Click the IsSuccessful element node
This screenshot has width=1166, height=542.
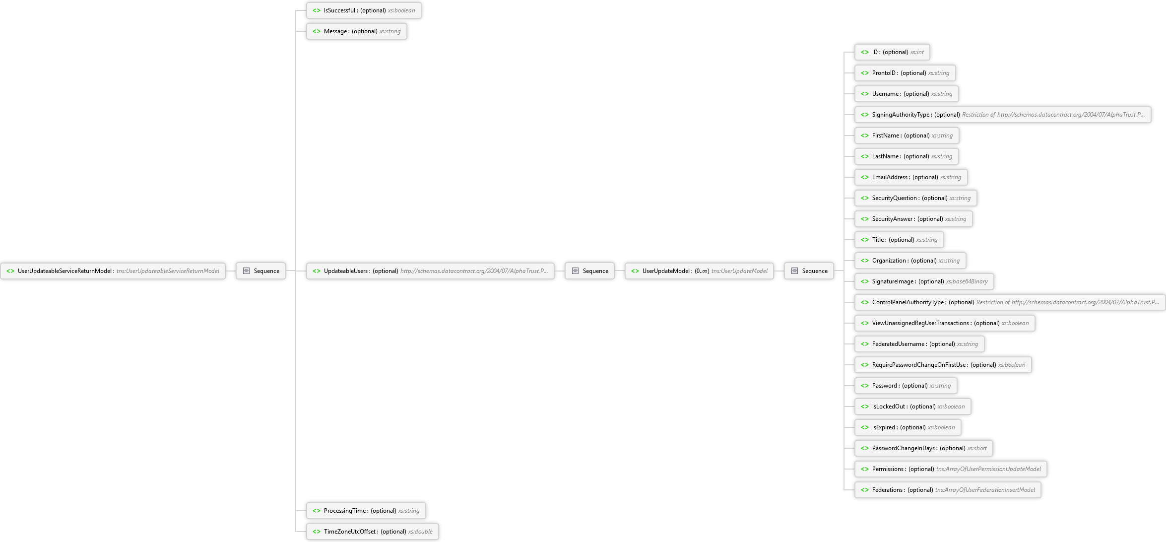click(364, 10)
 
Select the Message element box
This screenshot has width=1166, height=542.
click(357, 31)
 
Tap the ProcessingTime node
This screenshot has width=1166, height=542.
click(366, 511)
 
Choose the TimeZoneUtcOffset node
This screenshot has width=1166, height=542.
click(373, 532)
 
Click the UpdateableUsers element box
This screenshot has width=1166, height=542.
click(430, 271)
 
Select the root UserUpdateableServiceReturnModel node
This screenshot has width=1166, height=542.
click(113, 271)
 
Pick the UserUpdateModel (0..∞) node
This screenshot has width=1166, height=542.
click(699, 271)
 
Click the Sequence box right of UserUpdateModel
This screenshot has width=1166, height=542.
click(809, 271)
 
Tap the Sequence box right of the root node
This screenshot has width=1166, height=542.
click(260, 271)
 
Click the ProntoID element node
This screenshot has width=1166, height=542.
click(905, 73)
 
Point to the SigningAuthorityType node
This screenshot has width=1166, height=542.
click(1003, 115)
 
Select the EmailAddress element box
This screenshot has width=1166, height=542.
click(911, 177)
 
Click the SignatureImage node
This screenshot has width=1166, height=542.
click(924, 281)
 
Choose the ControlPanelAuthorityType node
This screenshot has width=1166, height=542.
click(1010, 302)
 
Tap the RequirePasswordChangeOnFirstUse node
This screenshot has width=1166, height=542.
click(943, 365)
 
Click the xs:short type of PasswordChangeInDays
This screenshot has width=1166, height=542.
click(977, 448)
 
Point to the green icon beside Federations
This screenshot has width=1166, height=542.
click(865, 490)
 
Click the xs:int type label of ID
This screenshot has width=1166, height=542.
click(917, 52)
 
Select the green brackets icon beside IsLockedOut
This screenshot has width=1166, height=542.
click(865, 406)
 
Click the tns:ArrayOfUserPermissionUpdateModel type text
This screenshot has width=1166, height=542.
click(988, 469)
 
